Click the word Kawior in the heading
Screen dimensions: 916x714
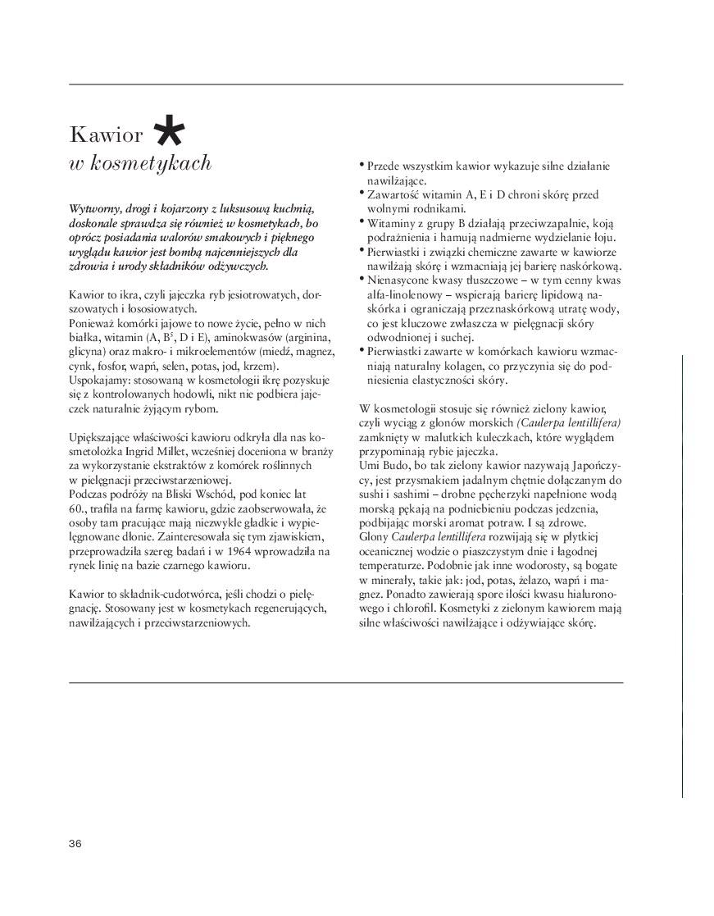click(107, 134)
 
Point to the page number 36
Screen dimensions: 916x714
click(75, 844)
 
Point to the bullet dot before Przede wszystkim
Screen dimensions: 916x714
click(362, 165)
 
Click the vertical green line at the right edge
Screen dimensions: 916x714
click(682, 574)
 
